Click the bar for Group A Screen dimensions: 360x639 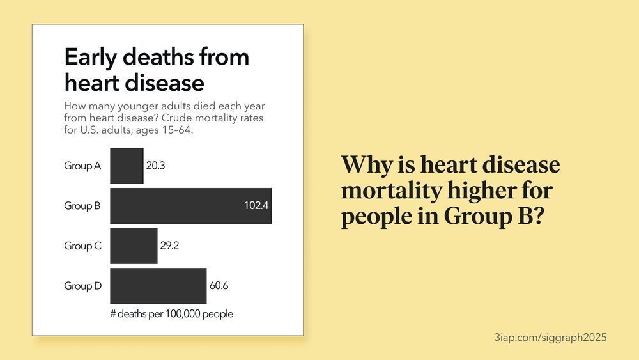127,166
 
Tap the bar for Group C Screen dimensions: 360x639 134,246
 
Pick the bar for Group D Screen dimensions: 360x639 158,286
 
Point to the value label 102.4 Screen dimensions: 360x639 256,206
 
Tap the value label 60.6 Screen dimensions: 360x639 219,286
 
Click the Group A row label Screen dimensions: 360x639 82,166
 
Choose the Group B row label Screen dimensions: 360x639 82,206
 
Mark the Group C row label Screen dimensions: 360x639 82,246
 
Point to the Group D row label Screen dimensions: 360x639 82,286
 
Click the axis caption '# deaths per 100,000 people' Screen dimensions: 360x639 172,314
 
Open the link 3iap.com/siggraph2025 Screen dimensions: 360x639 550,336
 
